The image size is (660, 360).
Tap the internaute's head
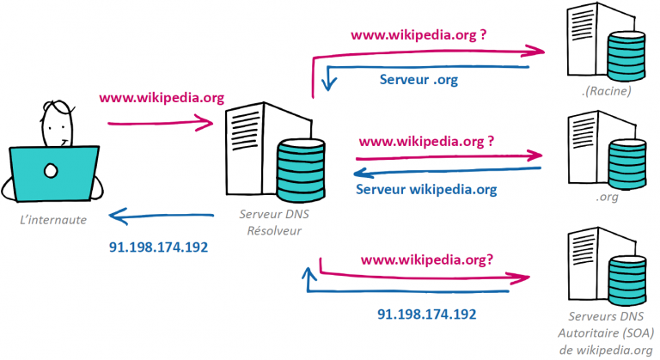tap(55, 125)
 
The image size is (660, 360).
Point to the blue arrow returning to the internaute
tap(160, 215)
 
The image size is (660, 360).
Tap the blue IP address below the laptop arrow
tap(159, 247)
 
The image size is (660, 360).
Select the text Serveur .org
tap(419, 80)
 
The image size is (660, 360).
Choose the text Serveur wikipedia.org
tap(426, 189)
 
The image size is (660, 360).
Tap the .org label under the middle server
tap(604, 195)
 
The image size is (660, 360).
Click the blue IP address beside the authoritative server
tap(426, 314)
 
